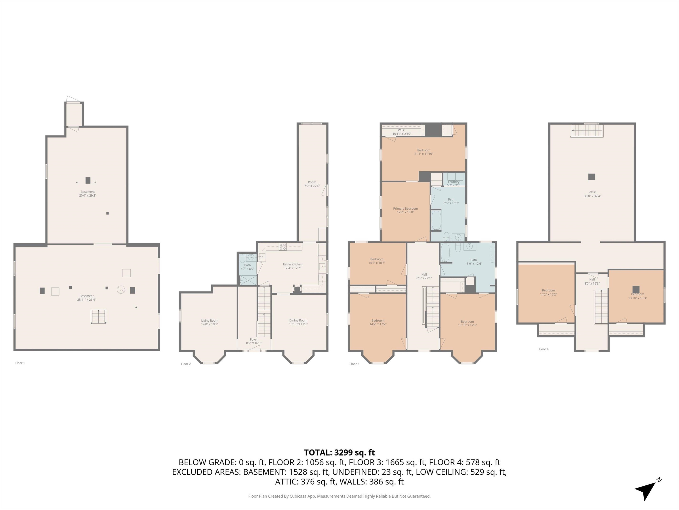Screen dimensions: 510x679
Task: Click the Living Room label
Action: [210, 322]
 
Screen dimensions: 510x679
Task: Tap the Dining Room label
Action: [298, 322]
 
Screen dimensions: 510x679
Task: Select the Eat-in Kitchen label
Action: [293, 266]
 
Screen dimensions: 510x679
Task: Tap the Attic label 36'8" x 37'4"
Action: [592, 194]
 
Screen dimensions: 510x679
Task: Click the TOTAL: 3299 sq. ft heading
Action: [339, 452]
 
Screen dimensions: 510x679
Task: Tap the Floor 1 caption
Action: [20, 363]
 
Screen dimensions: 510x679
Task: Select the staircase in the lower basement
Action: [99, 317]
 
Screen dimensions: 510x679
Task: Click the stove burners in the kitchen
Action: [283, 246]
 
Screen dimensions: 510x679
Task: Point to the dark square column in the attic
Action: [591, 177]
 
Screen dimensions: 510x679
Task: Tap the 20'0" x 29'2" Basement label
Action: [88, 193]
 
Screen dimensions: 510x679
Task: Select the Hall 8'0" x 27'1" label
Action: [424, 276]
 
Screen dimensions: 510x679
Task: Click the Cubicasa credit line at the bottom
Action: [339, 496]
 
